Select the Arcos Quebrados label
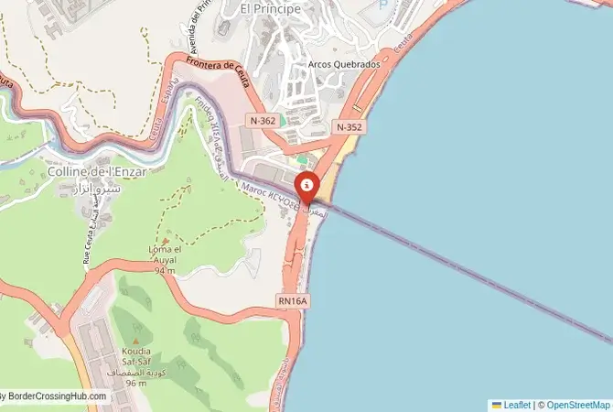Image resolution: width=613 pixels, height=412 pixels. click(x=343, y=66)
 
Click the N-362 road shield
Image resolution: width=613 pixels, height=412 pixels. click(x=263, y=120)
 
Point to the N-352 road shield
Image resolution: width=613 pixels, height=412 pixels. click(x=350, y=127)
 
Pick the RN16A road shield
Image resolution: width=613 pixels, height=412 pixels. click(x=292, y=300)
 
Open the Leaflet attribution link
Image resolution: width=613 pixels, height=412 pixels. click(x=517, y=405)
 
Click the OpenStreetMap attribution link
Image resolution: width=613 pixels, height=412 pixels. click(x=576, y=405)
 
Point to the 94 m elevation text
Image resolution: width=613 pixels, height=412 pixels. click(x=164, y=270)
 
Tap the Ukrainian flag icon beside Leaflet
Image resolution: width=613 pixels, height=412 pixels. click(x=497, y=405)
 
